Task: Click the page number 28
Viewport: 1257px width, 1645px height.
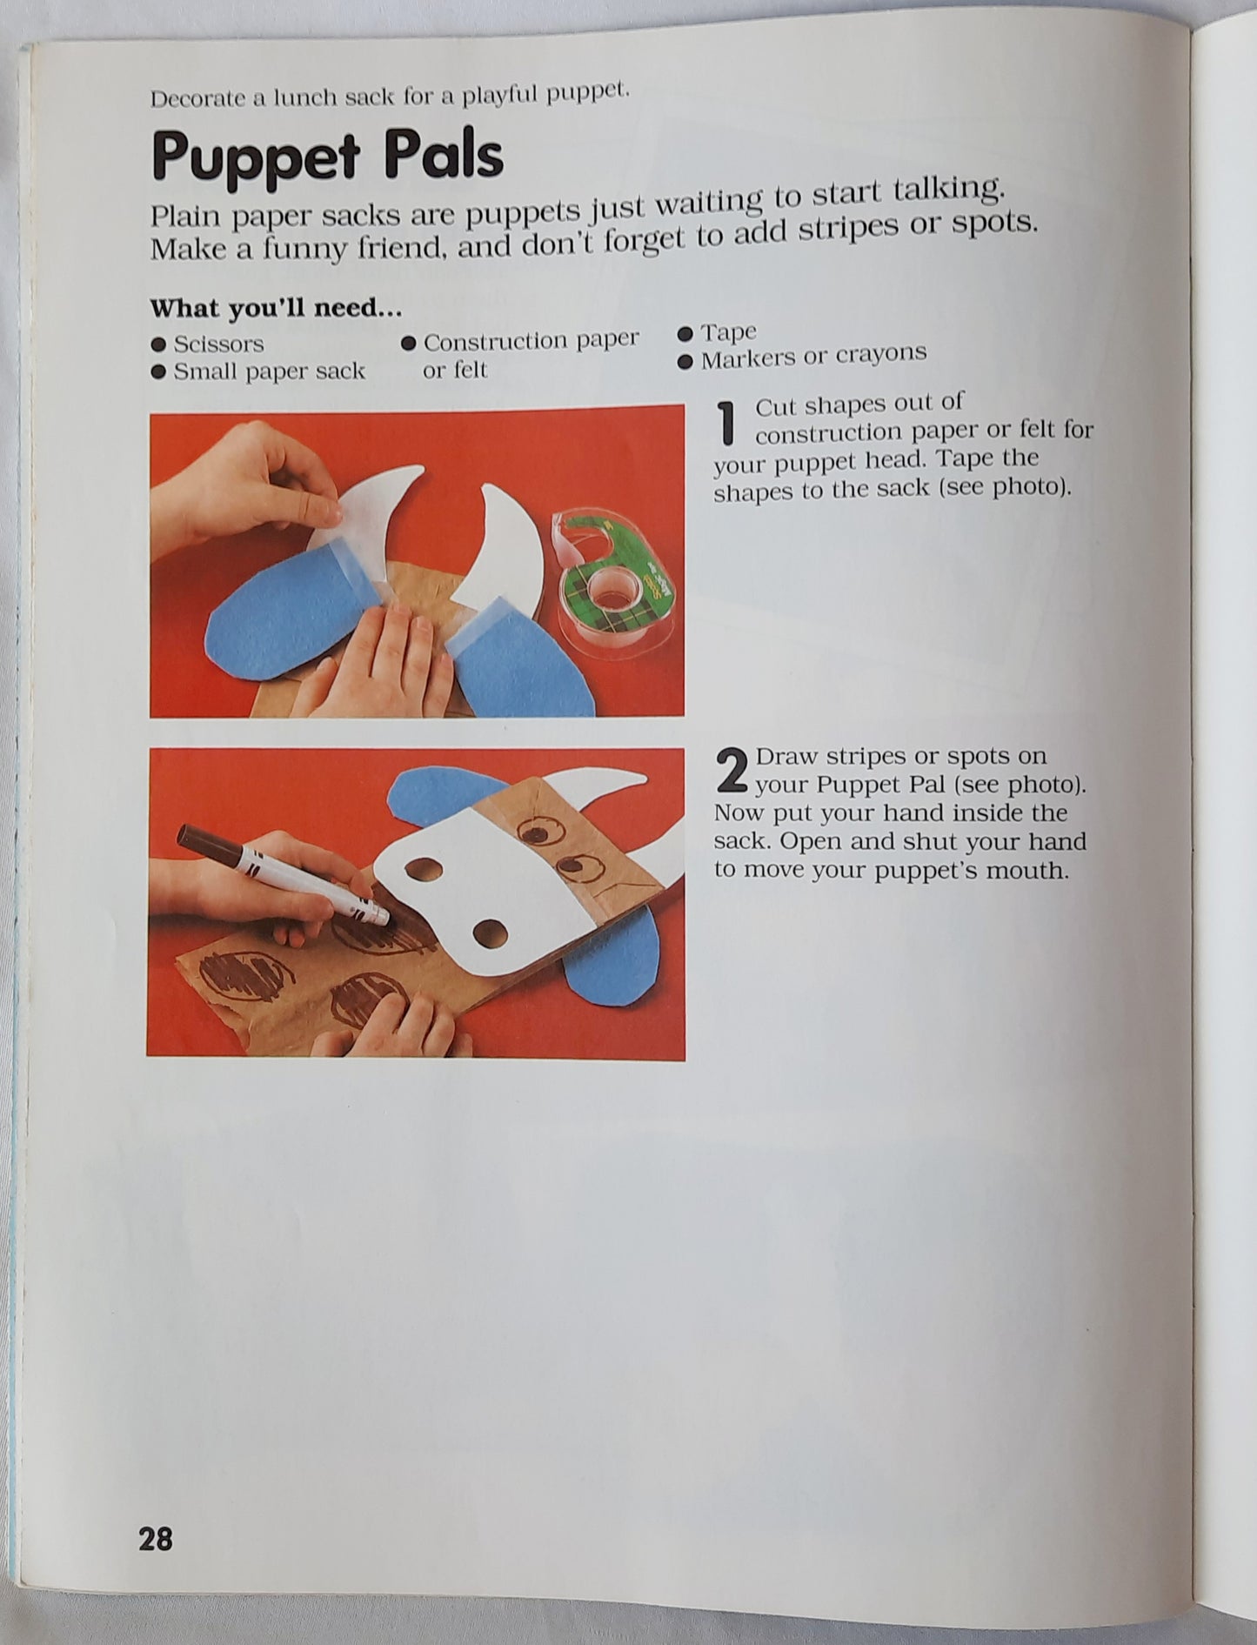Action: coord(156,1539)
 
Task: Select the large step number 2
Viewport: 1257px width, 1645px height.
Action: coord(732,771)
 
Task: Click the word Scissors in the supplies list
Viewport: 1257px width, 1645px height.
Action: coord(218,344)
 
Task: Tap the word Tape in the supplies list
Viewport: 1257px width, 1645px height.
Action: coord(729,332)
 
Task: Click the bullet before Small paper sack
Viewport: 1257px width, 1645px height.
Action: coord(158,372)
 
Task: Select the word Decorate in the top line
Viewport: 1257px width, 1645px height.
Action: coord(197,97)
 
